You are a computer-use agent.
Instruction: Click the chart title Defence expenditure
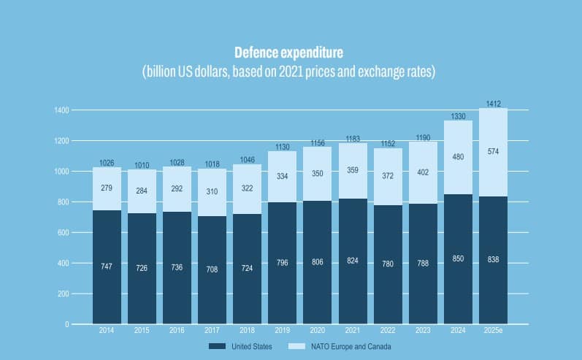[288, 53]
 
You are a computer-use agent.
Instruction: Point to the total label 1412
[493, 104]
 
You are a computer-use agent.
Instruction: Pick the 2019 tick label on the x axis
[282, 331]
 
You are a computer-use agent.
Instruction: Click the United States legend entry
[240, 346]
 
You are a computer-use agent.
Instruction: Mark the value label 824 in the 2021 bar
[352, 261]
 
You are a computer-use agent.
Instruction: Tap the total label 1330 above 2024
[458, 116]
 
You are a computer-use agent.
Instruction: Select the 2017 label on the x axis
[212, 331]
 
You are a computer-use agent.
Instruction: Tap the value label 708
[212, 269]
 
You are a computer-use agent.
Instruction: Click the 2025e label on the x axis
[493, 331]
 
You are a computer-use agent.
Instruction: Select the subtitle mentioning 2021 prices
[288, 72]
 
